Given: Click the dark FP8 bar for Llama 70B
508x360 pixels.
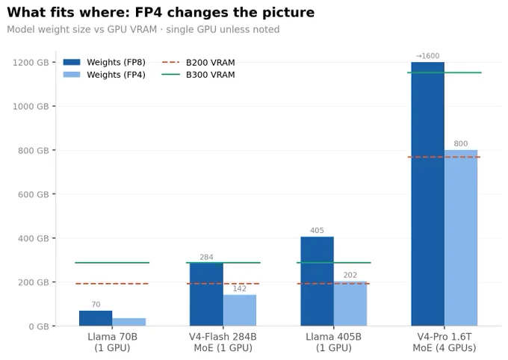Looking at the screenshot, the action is click(96, 318).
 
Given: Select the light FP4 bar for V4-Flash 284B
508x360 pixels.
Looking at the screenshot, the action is click(239, 310).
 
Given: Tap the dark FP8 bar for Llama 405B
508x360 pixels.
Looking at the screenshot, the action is click(317, 282).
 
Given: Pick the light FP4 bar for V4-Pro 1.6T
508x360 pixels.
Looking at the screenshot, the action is click(461, 238).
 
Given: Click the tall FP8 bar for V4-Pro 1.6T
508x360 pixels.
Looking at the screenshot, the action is click(427, 193).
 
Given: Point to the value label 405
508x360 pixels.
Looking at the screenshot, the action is click(317, 230).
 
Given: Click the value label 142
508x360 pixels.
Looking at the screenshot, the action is click(239, 288).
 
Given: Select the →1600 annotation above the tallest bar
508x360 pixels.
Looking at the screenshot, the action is click(427, 56).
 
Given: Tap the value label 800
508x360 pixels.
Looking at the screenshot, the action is click(461, 143).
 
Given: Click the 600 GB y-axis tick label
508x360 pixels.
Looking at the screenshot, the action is click(34, 194).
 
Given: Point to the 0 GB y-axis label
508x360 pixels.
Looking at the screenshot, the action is click(39, 326).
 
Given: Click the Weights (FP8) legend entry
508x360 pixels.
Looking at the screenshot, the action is click(104, 62).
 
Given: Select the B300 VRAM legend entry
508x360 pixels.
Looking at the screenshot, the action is click(198, 75).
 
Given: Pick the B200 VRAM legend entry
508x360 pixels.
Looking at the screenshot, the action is click(198, 62).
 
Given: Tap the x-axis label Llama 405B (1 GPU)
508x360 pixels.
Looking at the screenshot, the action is click(334, 342).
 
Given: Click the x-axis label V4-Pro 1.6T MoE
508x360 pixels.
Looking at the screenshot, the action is click(444, 342).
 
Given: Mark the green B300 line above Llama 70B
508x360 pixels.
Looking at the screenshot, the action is click(112, 262).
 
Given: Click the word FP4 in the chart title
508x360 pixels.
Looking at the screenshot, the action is click(148, 12).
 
